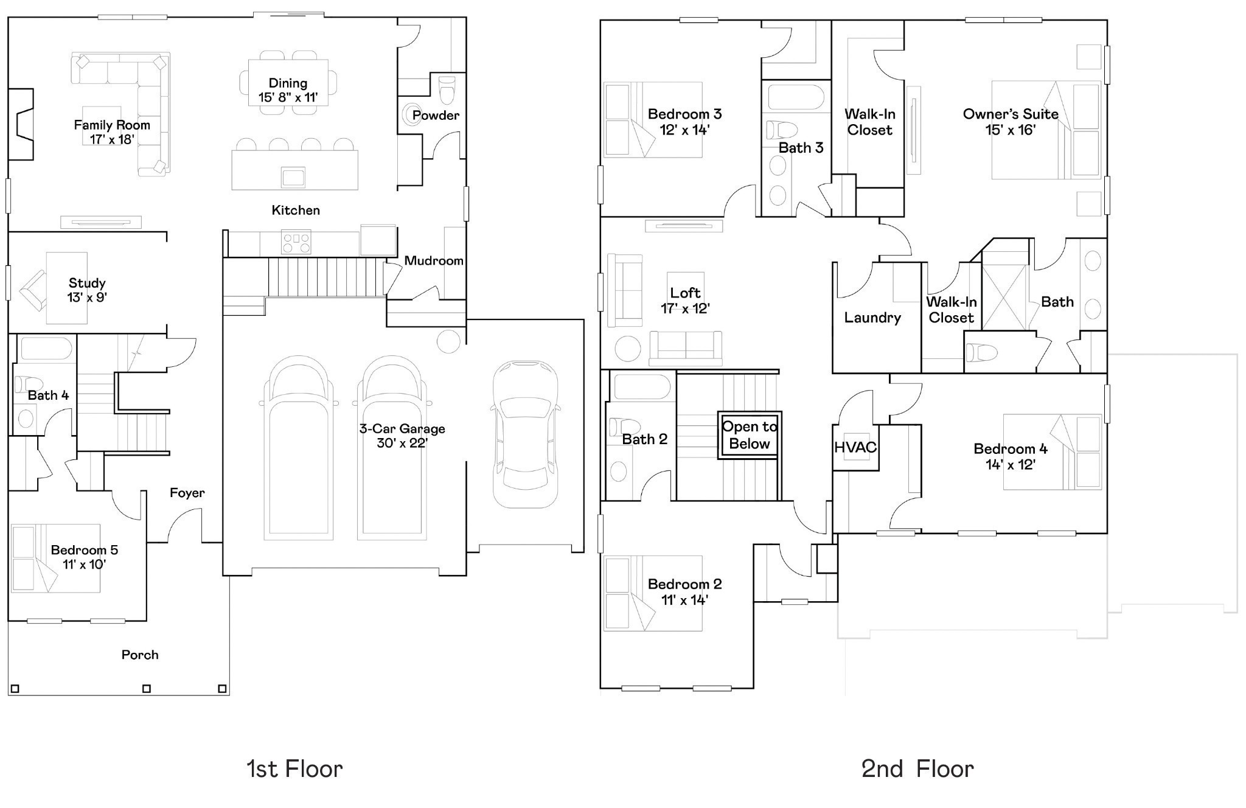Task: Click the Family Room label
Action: tap(112, 125)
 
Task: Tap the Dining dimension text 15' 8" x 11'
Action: tap(288, 97)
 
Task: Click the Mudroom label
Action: tap(434, 260)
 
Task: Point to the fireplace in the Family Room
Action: tap(21, 124)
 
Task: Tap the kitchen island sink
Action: tap(293, 177)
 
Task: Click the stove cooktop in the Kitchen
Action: tap(296, 242)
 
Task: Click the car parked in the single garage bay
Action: tap(524, 434)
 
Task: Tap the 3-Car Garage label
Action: tap(402, 428)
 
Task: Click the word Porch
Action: tap(140, 655)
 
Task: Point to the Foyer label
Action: tap(187, 493)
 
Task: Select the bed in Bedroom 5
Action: tap(56, 558)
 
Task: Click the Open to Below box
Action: tap(750, 435)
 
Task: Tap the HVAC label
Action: tap(855, 447)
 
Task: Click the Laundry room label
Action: tap(872, 317)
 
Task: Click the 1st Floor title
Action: tap(294, 769)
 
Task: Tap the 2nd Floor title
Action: tap(917, 769)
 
